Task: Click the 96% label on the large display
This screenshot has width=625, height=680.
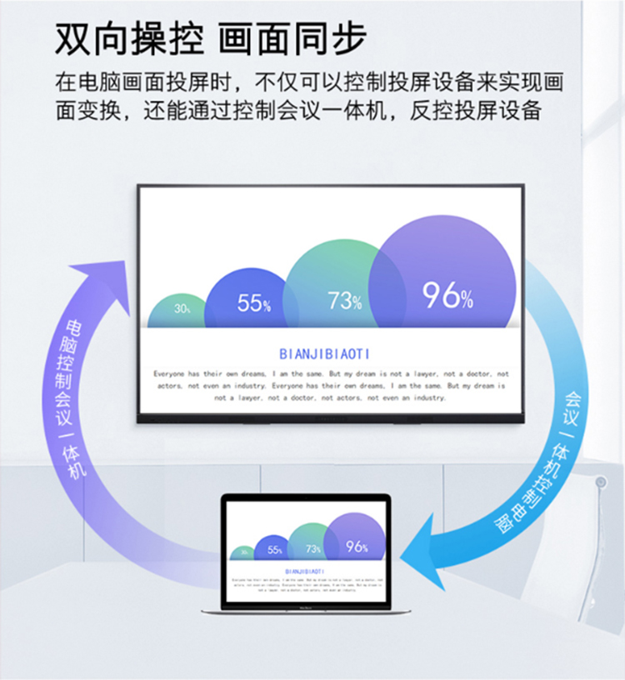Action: tap(447, 295)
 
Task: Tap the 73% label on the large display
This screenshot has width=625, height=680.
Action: tap(344, 300)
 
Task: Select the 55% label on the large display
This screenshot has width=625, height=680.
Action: tap(253, 303)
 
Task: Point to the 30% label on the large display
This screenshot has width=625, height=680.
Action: tap(182, 308)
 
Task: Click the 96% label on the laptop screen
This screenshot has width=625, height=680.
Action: tap(357, 547)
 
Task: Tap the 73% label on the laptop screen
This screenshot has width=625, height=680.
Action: tap(313, 549)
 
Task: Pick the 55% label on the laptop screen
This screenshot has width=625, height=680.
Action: tap(275, 550)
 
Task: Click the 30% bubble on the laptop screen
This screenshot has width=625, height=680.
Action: tap(243, 552)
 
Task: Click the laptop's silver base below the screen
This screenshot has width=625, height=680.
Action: tap(306, 611)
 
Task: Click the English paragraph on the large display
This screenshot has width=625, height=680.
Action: tap(330, 386)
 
